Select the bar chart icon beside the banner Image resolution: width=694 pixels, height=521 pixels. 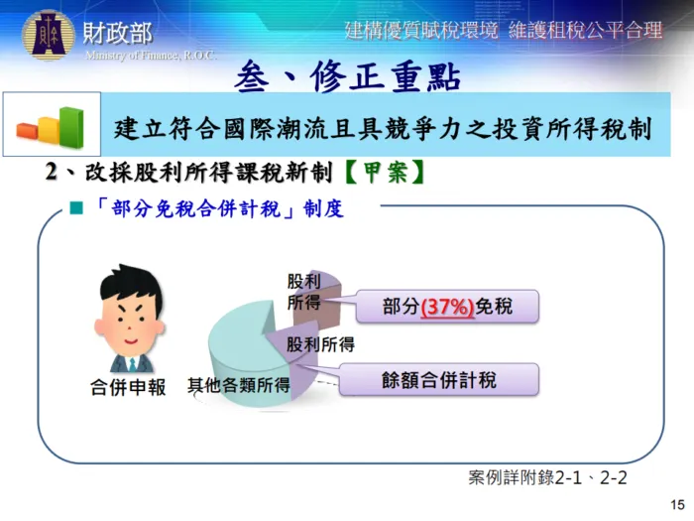pyautogui.click(x=51, y=125)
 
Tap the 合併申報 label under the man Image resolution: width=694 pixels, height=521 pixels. pyautogui.click(x=128, y=386)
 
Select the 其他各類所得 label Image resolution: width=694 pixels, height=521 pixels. pyautogui.click(x=239, y=386)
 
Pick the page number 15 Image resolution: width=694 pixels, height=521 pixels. pyautogui.click(x=678, y=503)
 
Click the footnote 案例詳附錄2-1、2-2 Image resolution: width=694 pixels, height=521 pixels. pyautogui.click(x=547, y=477)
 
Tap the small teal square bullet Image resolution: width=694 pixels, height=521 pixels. pyautogui.click(x=75, y=210)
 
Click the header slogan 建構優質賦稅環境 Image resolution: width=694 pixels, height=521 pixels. pyautogui.click(x=420, y=30)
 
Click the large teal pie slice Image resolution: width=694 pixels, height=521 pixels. pyautogui.click(x=248, y=342)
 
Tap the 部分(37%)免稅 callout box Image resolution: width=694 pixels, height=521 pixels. pyautogui.click(x=447, y=307)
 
